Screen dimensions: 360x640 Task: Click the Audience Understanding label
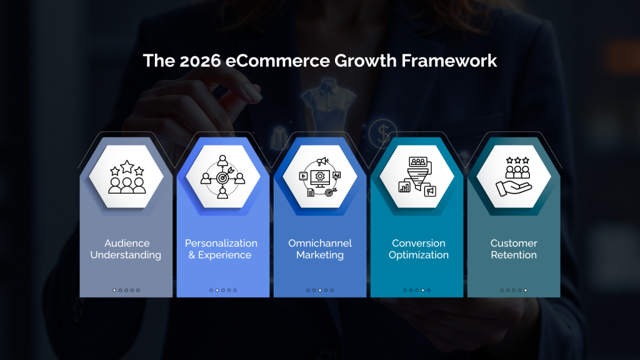click(126, 249)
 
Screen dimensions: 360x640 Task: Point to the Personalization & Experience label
click(221, 249)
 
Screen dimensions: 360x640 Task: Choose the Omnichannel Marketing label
click(320, 249)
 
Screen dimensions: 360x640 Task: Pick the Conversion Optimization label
click(419, 249)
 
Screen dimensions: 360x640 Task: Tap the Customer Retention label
click(514, 249)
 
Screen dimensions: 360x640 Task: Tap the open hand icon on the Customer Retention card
click(513, 186)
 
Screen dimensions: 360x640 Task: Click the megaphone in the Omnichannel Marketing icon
click(322, 161)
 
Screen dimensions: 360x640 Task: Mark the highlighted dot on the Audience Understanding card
click(114, 290)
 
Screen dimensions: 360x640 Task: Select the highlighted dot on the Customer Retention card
click(526, 290)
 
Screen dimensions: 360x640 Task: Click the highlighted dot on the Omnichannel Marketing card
click(320, 290)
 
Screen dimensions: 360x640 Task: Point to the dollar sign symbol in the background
click(379, 132)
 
